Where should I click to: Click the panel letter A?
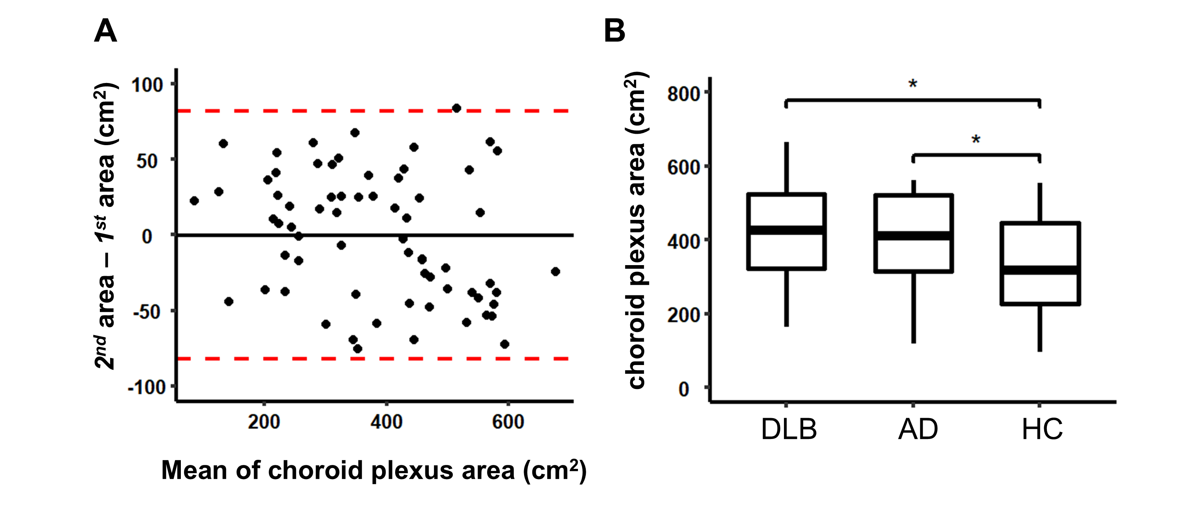point(105,31)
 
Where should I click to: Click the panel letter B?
point(615,31)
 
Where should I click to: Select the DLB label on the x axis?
point(789,430)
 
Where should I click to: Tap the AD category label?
point(918,430)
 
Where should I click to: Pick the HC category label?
point(1042,430)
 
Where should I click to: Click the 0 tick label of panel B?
point(684,389)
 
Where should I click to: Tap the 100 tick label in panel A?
point(147,85)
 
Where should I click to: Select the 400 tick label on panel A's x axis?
point(386,422)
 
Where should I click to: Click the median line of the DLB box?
point(786,230)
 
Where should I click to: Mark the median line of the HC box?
point(1040,270)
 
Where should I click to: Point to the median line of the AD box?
point(914,236)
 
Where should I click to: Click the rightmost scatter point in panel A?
point(555,271)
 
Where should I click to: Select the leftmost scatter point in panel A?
point(194,201)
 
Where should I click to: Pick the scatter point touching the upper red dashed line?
point(456,108)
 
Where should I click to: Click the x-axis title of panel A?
point(374,470)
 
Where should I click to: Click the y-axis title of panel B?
point(636,231)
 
